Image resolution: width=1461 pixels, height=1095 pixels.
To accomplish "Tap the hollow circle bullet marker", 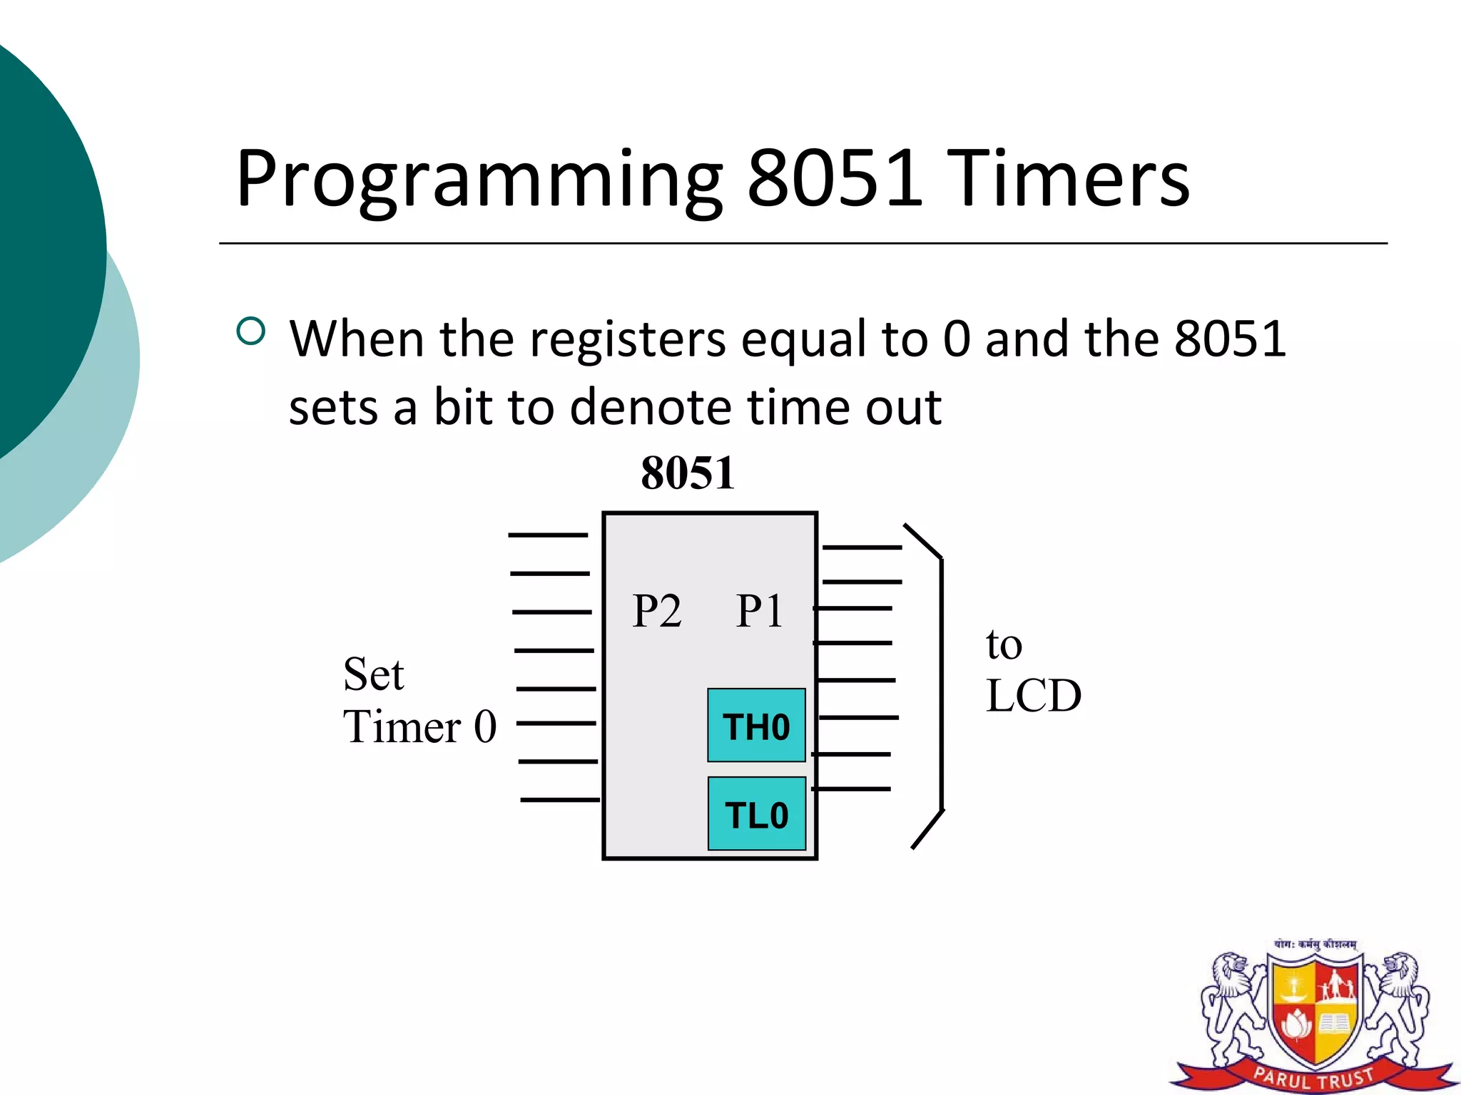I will (x=250, y=331).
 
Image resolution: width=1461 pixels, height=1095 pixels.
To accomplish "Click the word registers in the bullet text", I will (x=628, y=339).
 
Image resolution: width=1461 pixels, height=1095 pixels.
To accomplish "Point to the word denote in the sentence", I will (x=650, y=408).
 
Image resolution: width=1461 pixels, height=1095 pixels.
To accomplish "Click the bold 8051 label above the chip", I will (x=688, y=473).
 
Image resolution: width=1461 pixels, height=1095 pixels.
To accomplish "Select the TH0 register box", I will (x=756, y=726).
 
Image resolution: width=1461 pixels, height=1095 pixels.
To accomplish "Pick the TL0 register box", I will (x=756, y=814).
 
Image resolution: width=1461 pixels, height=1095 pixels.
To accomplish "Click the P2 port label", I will (x=657, y=611).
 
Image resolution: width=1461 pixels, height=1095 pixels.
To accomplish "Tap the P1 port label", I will (x=759, y=611).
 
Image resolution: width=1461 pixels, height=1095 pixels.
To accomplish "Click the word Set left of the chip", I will (x=373, y=674).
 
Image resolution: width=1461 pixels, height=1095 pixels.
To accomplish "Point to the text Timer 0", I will (x=419, y=727).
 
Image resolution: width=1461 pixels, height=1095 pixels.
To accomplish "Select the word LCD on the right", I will (x=1033, y=696).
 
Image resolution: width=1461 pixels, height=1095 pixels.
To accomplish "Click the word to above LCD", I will (x=1004, y=644).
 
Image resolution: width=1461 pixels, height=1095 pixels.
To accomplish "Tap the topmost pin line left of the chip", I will (x=548, y=535).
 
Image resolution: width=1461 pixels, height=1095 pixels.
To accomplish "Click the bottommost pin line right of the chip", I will (x=852, y=789).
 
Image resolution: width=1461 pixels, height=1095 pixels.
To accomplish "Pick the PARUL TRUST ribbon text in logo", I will (x=1313, y=1076).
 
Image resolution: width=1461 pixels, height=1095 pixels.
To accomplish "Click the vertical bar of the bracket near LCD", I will (x=942, y=684).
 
